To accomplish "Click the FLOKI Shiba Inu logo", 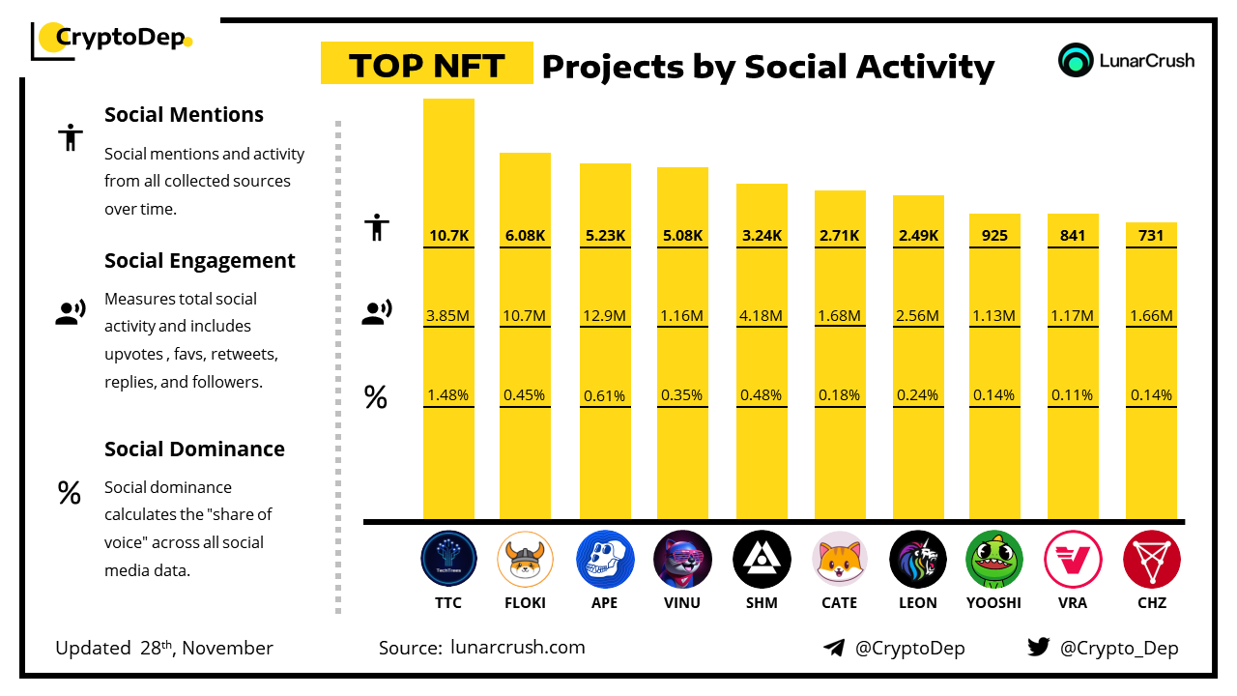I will [526, 560].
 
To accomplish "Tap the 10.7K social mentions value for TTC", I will [448, 235].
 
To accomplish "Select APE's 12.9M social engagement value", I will [605, 315].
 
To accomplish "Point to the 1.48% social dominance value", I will [448, 394].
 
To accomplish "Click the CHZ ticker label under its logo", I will [1152, 602].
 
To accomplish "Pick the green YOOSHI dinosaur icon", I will [994, 560].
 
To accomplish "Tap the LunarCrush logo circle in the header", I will [1075, 60].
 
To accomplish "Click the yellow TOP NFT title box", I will [426, 64].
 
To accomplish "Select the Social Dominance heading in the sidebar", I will [194, 449].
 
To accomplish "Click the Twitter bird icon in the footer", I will [1039, 648].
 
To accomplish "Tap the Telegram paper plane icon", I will [834, 648].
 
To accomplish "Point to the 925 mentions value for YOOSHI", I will [994, 235].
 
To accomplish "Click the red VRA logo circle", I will [1073, 560].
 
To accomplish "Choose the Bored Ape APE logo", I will [605, 560].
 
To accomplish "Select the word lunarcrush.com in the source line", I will [518, 648].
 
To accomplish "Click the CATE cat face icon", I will [839, 560].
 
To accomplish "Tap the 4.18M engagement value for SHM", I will [762, 315].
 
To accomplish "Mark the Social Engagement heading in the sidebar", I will [200, 260].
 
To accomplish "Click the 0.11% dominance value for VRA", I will [1073, 394].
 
